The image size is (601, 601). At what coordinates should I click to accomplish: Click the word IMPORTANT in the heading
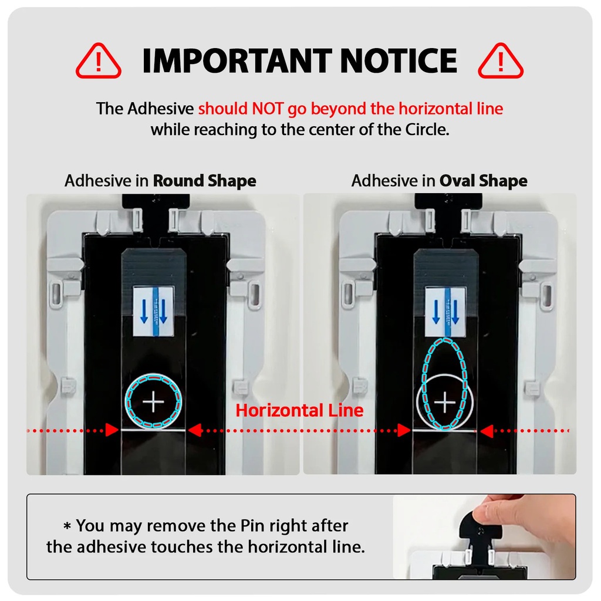click(237, 60)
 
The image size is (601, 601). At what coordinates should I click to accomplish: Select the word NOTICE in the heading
click(399, 60)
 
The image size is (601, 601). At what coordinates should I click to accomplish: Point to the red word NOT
click(268, 109)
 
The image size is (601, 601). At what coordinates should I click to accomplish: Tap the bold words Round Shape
click(205, 181)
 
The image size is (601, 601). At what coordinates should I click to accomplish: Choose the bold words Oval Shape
click(484, 181)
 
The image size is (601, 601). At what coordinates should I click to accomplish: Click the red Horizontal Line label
click(299, 410)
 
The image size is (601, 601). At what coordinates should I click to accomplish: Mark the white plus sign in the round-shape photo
click(153, 401)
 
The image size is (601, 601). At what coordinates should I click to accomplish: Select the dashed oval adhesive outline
click(423, 383)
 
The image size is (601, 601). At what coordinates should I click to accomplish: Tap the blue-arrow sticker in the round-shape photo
click(154, 311)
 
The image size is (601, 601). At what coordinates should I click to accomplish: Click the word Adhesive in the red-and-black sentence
click(161, 109)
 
